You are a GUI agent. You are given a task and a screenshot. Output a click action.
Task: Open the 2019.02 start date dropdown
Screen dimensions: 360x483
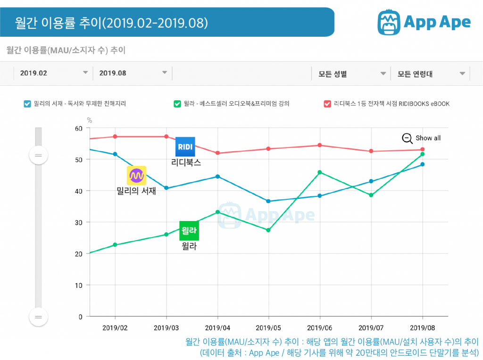(85, 73)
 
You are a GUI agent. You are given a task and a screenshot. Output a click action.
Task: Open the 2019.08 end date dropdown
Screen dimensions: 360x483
(165, 73)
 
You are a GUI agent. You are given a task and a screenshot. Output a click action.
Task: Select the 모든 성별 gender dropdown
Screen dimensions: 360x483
(383, 74)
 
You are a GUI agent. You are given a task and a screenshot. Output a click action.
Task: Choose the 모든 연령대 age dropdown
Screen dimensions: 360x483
(462, 74)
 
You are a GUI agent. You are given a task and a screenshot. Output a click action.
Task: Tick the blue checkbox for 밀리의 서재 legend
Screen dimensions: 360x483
(27, 104)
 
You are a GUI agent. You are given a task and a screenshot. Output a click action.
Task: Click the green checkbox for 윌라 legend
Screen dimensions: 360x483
(177, 104)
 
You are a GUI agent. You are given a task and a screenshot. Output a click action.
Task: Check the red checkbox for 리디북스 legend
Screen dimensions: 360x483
(327, 104)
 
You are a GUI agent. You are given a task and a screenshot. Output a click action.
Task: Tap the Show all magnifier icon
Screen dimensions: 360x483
(407, 138)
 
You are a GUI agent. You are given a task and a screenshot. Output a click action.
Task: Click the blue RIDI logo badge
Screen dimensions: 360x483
(185, 147)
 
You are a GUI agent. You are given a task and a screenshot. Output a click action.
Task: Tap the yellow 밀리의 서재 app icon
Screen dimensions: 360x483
(137, 176)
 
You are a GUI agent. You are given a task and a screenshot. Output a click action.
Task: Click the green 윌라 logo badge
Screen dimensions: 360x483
(189, 230)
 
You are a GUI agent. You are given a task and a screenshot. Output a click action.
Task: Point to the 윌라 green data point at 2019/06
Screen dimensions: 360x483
(320, 172)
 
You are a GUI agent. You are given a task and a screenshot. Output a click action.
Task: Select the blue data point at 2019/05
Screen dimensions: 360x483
(268, 201)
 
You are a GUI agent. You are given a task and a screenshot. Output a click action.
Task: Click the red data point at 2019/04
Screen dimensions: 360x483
(217, 153)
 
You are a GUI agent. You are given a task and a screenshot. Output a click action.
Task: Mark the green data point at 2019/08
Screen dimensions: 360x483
(423, 154)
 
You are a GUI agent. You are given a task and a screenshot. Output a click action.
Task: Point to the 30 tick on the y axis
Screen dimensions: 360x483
(79, 222)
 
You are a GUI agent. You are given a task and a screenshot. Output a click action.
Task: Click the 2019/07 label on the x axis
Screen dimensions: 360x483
(371, 327)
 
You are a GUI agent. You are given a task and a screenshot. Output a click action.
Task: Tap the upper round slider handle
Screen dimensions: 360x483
(38, 155)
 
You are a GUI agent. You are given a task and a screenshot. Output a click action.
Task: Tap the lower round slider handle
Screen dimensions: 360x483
(38, 317)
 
